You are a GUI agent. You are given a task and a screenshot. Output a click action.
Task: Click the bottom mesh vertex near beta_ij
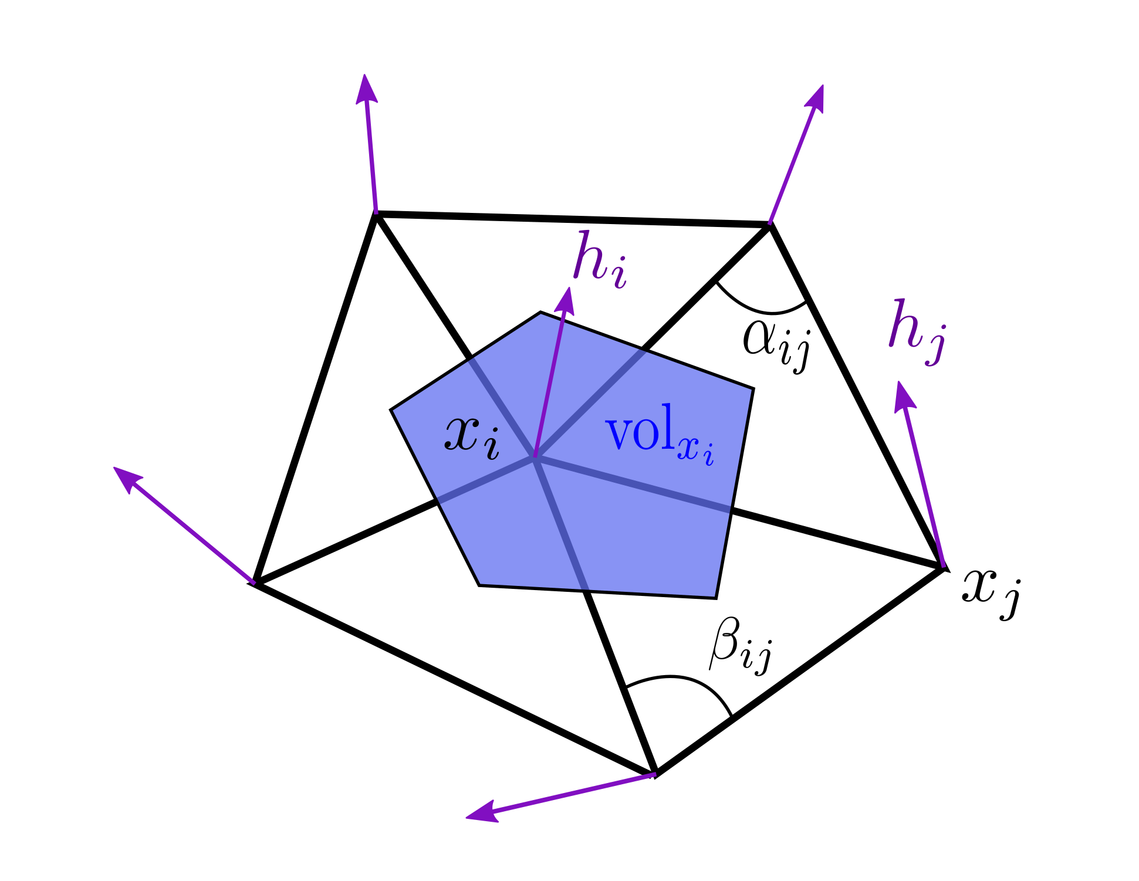point(655,774)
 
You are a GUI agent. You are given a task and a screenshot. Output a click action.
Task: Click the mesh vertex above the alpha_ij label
point(769,225)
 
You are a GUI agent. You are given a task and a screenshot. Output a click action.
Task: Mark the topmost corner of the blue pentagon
point(540,313)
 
